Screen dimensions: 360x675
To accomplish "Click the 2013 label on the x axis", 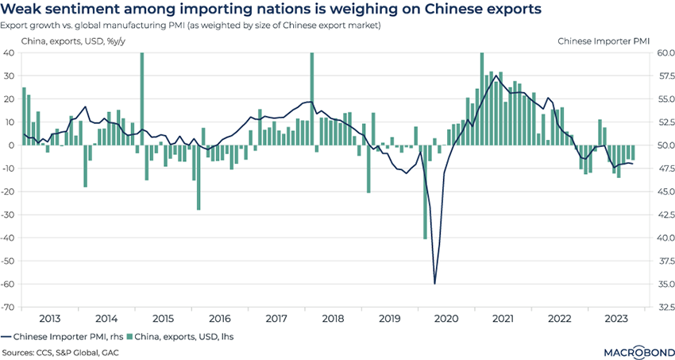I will (x=50, y=318).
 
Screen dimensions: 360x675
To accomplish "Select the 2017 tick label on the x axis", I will (x=276, y=318).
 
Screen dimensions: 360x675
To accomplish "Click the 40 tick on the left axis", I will (x=11, y=52).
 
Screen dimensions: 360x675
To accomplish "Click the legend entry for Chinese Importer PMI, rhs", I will (x=60, y=337).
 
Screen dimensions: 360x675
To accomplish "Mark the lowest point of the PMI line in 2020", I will (x=434, y=284).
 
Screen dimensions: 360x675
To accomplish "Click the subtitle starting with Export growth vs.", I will (x=191, y=25).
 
